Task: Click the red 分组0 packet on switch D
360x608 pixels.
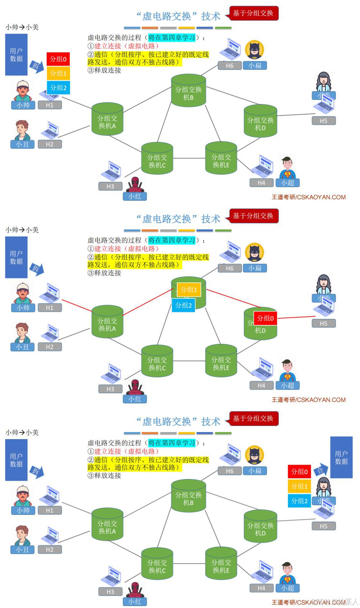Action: pyautogui.click(x=265, y=318)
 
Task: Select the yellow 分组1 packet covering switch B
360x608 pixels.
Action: pyautogui.click(x=189, y=290)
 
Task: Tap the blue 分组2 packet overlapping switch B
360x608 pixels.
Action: pyautogui.click(x=183, y=305)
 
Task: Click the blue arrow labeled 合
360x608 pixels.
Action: pyautogui.click(x=320, y=471)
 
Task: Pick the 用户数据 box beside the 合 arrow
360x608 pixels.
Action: pyautogui.click(x=341, y=457)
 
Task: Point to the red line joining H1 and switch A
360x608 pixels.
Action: pyautogui.click(x=77, y=305)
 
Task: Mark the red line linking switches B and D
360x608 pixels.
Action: pyautogui.click(x=233, y=298)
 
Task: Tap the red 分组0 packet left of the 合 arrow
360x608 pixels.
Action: pyautogui.click(x=299, y=471)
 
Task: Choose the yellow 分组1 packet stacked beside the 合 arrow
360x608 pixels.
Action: pyautogui.click(x=299, y=486)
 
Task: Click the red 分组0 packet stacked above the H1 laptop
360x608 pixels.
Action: pyautogui.click(x=58, y=59)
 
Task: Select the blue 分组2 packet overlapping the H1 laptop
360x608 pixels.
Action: pyautogui.click(x=58, y=88)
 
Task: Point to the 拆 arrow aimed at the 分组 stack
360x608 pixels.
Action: pyautogui.click(x=36, y=66)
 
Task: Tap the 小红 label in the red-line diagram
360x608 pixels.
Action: pyautogui.click(x=135, y=399)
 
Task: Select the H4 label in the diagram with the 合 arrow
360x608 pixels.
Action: pyautogui.click(x=261, y=588)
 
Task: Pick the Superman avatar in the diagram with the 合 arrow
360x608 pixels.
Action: pyautogui.click(x=287, y=573)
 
